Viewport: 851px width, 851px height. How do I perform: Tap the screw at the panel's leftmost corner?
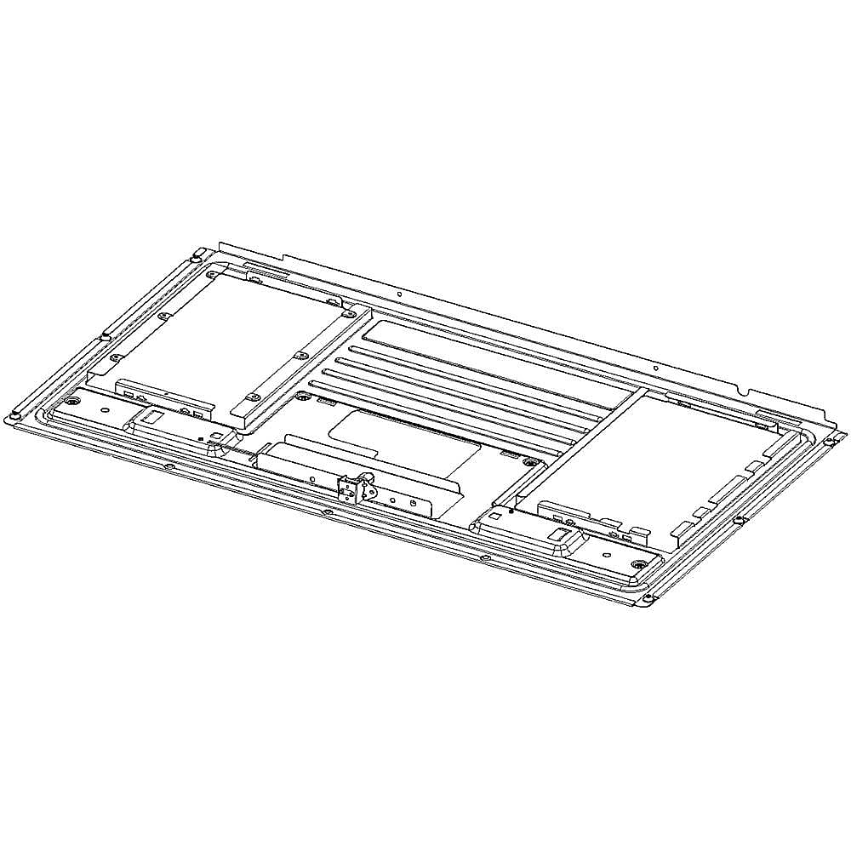(14, 416)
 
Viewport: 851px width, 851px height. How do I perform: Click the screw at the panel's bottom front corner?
(649, 600)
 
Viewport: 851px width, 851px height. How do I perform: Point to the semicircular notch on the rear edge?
(746, 392)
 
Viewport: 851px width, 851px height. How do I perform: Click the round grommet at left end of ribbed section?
(302, 397)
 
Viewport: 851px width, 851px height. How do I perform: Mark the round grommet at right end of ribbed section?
(530, 462)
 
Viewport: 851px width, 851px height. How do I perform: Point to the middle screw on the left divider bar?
(299, 355)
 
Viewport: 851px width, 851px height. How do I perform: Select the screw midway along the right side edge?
(740, 519)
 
